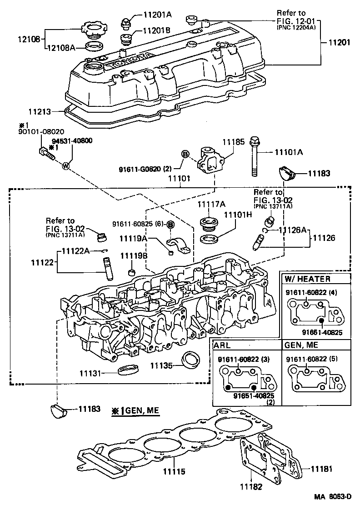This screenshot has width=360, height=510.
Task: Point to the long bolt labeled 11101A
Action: (254, 159)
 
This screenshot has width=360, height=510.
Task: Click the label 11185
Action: (231, 143)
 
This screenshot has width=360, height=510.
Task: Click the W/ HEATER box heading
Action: (308, 279)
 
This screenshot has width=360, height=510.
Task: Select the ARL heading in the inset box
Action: (223, 345)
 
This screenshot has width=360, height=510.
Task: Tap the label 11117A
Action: (208, 205)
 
